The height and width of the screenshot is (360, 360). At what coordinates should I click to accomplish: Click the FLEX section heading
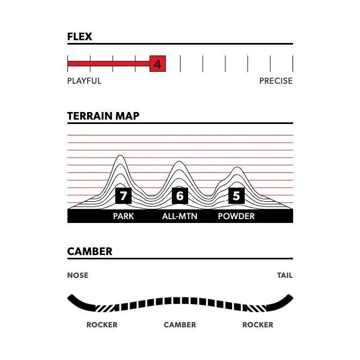point(79,37)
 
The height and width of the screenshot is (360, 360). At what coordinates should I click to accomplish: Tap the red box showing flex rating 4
point(157,64)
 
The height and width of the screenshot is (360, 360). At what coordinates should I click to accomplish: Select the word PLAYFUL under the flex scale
point(84,81)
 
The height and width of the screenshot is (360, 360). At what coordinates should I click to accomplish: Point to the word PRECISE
point(276,81)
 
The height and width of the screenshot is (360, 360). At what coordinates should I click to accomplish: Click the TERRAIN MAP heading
point(103,116)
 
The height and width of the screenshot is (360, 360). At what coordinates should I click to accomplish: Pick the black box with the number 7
point(123,196)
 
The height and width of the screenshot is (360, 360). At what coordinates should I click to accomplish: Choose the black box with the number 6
point(180,196)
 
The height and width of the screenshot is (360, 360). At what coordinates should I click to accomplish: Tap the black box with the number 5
point(236,196)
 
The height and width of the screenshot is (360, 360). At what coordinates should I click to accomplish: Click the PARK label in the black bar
point(123,216)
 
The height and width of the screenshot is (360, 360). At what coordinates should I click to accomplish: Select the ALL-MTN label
point(179,216)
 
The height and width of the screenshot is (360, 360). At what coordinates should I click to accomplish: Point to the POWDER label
point(236,216)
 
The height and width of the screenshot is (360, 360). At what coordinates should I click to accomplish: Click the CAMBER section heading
point(90,252)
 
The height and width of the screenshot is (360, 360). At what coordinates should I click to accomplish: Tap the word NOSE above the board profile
point(78,275)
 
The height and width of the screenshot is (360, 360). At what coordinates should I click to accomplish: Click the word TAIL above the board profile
point(284,275)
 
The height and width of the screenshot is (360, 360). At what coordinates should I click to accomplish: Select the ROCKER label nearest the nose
point(102,325)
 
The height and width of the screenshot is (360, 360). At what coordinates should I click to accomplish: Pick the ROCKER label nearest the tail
point(258,325)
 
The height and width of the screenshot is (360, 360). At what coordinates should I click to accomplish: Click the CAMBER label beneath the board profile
point(180,325)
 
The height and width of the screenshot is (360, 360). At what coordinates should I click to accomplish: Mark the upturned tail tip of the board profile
point(289,297)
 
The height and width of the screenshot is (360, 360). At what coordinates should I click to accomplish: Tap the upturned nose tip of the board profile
point(71,297)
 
